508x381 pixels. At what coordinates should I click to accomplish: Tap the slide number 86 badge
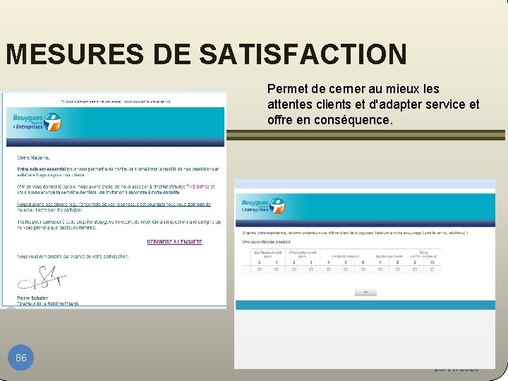[x=21, y=358]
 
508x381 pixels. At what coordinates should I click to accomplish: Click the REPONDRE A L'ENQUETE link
[x=174, y=241]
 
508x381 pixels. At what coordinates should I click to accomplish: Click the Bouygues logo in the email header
[x=34, y=121]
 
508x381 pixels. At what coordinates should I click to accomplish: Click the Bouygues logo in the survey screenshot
[x=262, y=206]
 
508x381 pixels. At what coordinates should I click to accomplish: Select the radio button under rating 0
[x=259, y=269]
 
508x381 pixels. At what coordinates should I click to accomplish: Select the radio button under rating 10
[x=433, y=269]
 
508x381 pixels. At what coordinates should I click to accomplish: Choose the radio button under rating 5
[x=346, y=269]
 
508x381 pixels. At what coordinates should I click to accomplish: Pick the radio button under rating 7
[x=380, y=269]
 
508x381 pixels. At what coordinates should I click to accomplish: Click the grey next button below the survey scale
[x=366, y=291]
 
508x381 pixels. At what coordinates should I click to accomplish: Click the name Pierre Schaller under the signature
[x=32, y=298]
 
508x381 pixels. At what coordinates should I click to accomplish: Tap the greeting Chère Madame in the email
[x=34, y=157]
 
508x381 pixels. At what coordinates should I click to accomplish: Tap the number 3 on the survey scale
[x=311, y=262]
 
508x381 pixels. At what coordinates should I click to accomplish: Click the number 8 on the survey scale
[x=398, y=262]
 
